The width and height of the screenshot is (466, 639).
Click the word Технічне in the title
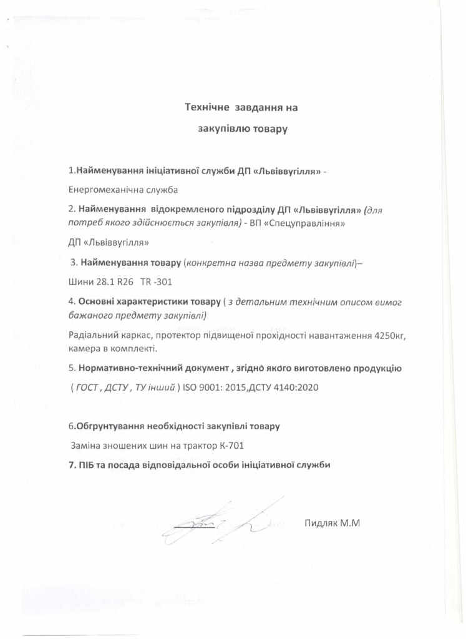pos(206,108)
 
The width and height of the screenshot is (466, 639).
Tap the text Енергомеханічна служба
pos(123,188)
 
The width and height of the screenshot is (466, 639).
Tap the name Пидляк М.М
pos(333,523)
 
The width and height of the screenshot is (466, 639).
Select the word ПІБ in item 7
pos(87,465)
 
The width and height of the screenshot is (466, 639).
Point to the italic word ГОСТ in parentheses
pos(87,388)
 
